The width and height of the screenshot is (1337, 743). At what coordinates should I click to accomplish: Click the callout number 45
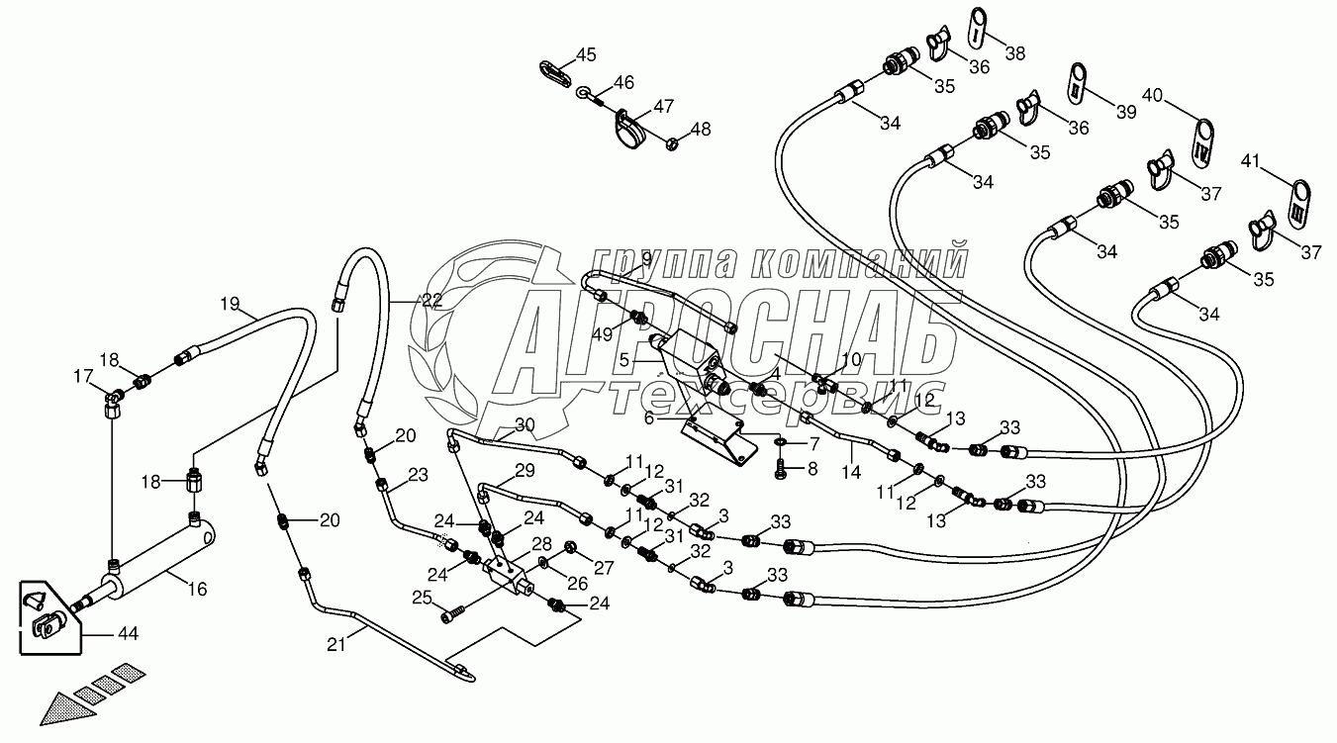(587, 54)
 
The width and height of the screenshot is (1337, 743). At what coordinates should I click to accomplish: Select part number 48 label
(701, 129)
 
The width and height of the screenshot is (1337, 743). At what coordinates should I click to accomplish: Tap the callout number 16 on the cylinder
(197, 590)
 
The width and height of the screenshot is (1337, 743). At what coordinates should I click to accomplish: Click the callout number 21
(338, 646)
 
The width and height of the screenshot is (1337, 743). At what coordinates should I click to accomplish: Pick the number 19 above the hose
(230, 302)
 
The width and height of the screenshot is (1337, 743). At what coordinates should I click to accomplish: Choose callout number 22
(432, 301)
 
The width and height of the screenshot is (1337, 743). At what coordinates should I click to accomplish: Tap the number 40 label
(1152, 96)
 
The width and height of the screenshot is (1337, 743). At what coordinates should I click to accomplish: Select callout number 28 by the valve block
(541, 544)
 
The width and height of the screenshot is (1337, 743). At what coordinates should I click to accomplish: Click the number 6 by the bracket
(650, 418)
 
